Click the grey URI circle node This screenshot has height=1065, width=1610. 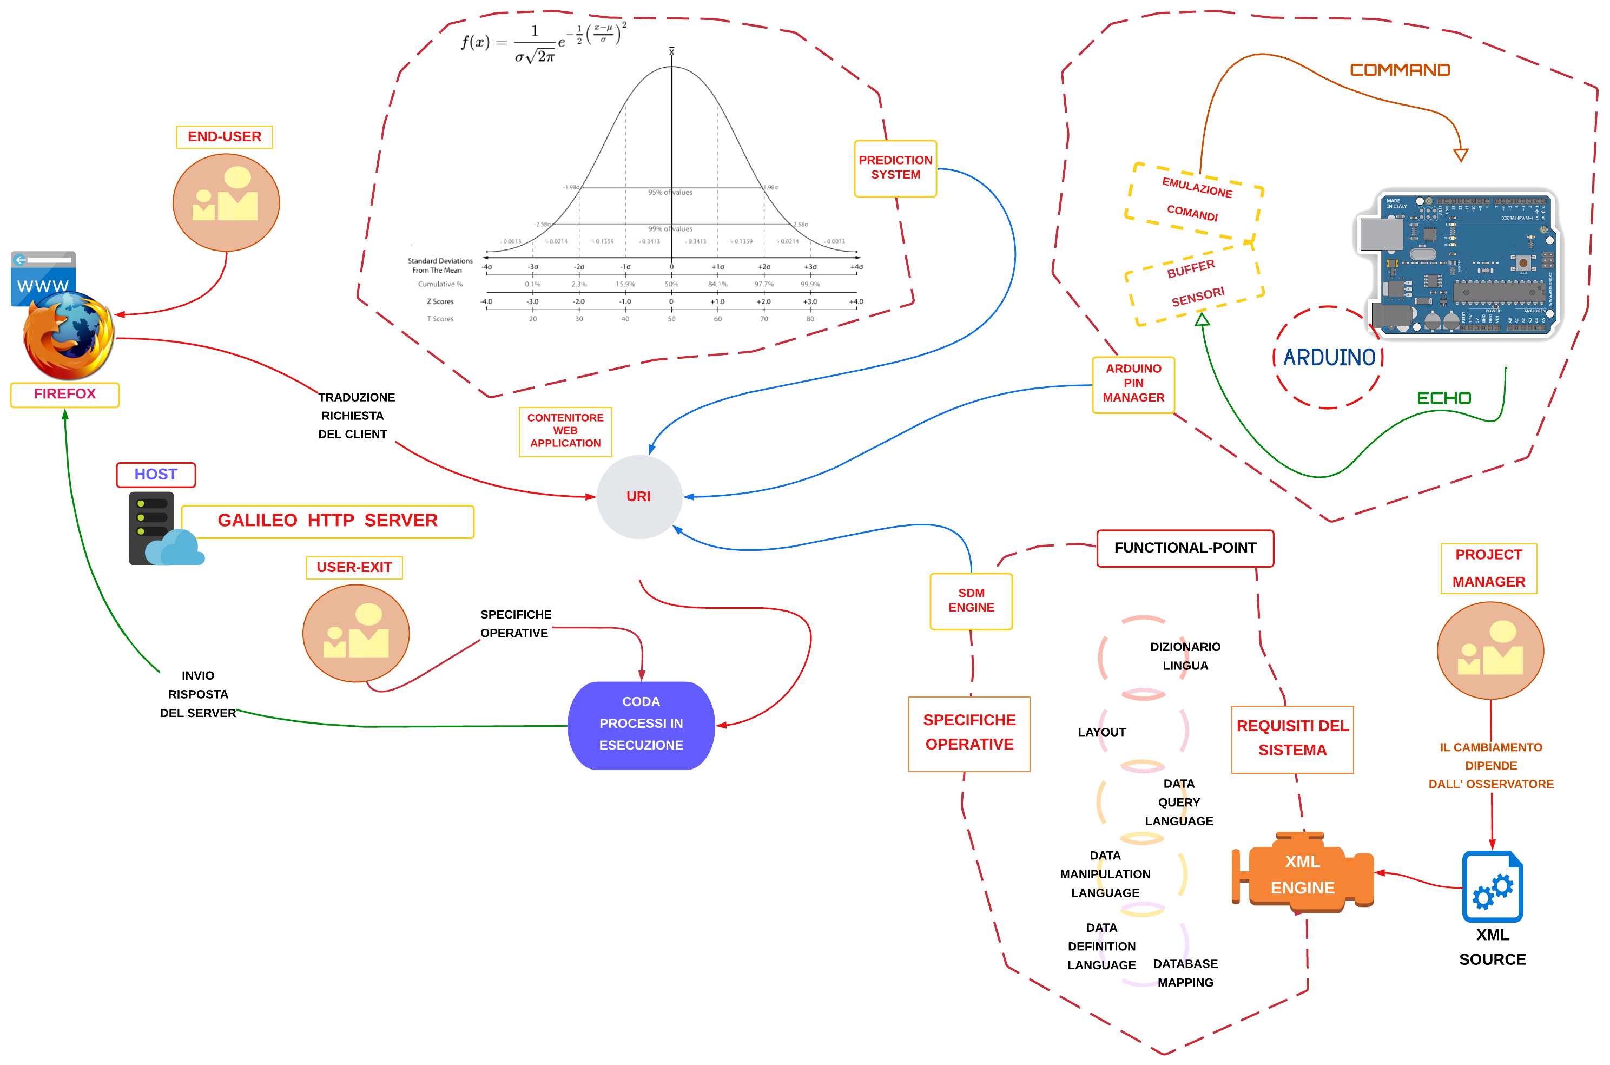(x=638, y=496)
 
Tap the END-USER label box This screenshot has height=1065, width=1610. (x=224, y=136)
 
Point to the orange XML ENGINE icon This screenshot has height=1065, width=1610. (x=1302, y=873)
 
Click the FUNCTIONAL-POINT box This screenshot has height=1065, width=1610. (x=1185, y=548)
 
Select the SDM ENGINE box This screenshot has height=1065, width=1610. (x=971, y=601)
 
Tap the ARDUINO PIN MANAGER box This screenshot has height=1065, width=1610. (x=1133, y=384)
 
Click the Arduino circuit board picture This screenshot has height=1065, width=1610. (x=1460, y=264)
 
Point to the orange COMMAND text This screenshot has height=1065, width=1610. (x=1400, y=70)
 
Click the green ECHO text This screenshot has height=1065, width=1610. (x=1443, y=398)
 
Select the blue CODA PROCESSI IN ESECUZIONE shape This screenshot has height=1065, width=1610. (x=641, y=725)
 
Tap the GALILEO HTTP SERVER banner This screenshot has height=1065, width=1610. (x=327, y=521)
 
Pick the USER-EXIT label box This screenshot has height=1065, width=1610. (x=354, y=567)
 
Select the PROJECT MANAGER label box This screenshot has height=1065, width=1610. (x=1488, y=569)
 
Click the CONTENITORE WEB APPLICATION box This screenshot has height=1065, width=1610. (x=565, y=431)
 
